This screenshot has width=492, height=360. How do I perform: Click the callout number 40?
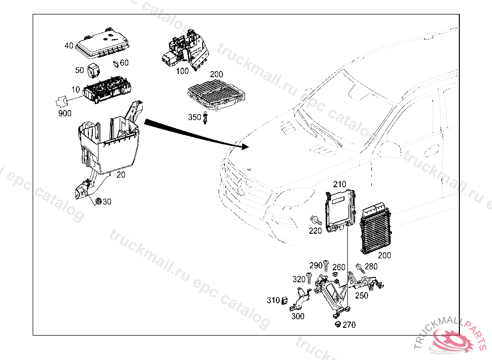69,46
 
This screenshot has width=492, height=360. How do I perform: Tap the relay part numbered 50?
93,70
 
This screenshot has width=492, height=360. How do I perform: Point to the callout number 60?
124,63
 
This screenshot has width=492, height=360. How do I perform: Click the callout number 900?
64,113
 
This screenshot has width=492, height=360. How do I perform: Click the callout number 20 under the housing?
121,175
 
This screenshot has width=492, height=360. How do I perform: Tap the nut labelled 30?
98,202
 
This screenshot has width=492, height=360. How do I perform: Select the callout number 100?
182,71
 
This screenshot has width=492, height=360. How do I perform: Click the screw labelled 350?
205,118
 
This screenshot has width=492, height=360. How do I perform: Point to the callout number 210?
340,184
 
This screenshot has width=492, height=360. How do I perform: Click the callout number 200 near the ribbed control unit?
384,255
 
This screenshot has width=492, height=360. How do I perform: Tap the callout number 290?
316,265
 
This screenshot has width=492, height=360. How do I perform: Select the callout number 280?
371,267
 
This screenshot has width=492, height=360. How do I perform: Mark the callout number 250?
361,296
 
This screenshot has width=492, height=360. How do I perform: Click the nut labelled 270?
337,324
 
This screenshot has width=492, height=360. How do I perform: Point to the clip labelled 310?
284,300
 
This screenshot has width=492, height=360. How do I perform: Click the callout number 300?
298,316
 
